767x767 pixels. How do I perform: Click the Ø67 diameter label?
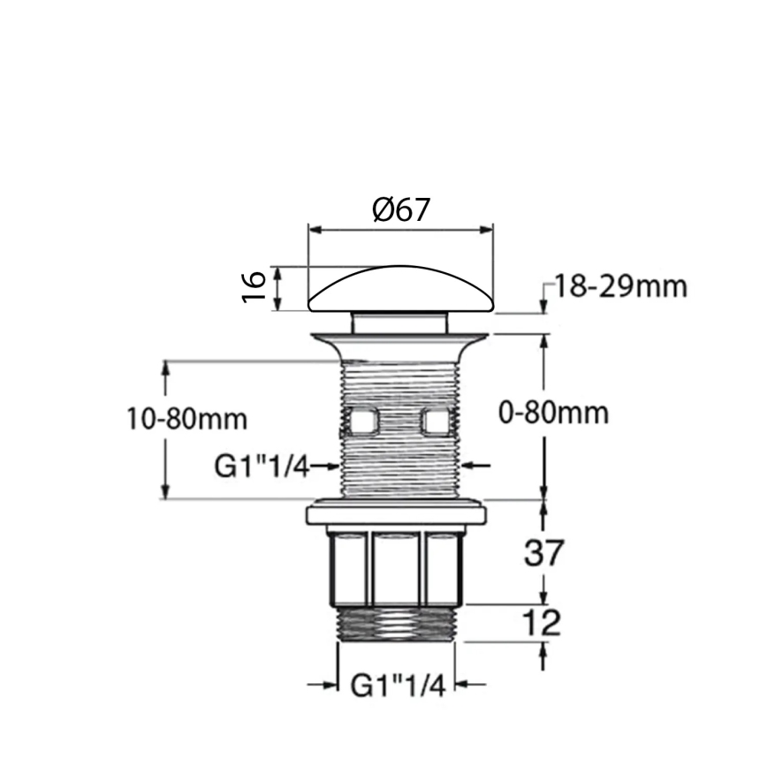[400, 209]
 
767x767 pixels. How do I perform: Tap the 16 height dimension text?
[254, 287]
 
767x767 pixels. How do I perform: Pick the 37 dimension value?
[543, 553]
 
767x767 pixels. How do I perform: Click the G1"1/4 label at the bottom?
[398, 685]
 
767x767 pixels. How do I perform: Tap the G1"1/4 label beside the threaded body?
[262, 466]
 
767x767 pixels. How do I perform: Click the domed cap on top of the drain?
[400, 290]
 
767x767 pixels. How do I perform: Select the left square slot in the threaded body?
[362, 421]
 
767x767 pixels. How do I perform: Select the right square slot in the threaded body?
[436, 421]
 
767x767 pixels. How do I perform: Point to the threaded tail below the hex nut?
[398, 623]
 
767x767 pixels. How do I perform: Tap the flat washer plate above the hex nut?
[397, 513]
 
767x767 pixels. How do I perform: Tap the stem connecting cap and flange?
[399, 321]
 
